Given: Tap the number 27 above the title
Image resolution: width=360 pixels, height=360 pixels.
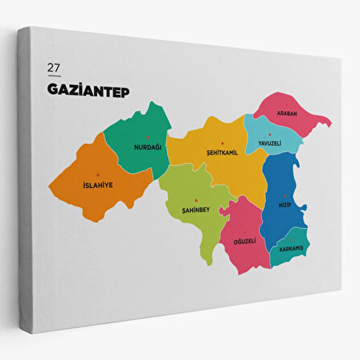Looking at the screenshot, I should pos(53,67).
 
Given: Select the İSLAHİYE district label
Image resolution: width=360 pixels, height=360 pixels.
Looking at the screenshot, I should pos(98,185).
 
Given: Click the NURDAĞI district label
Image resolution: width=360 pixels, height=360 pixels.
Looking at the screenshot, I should pos(147,147).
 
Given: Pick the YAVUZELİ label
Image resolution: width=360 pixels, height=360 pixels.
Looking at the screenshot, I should pos(268,143).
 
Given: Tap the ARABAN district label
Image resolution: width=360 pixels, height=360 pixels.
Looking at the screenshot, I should pos(287,113).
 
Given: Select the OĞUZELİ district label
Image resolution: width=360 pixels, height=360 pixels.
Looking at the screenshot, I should pos(244,240).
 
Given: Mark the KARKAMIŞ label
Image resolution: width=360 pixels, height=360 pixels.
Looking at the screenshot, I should pos(286,247).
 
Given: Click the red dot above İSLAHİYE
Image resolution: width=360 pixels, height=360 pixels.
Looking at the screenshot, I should pos(98,174).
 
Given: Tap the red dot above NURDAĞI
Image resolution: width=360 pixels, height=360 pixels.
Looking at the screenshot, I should pos(148,137).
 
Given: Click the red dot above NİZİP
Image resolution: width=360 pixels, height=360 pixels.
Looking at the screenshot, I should pos(284,195).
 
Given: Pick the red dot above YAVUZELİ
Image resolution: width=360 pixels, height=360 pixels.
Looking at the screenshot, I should pos(270,134).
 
